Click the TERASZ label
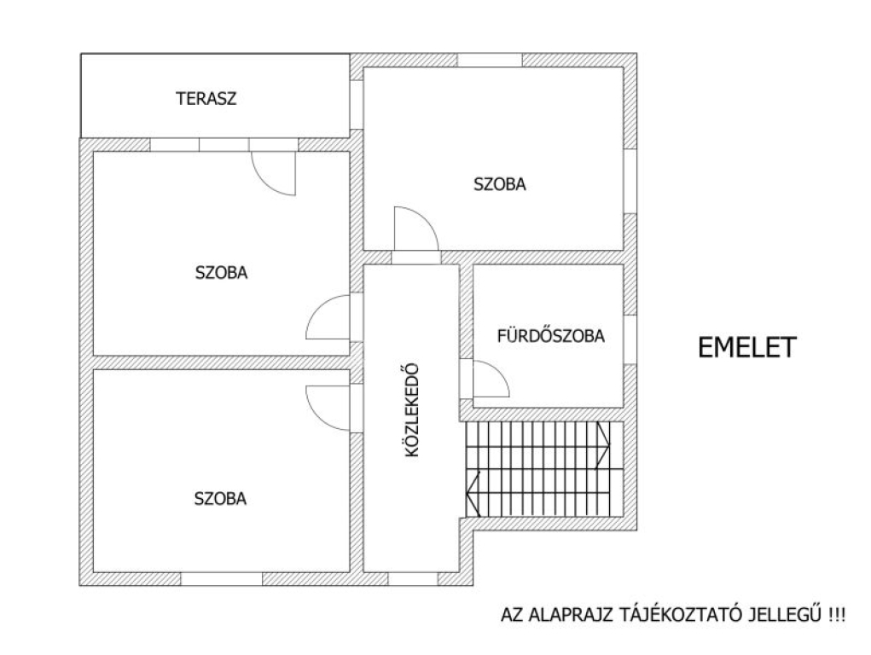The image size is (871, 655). pos(206,98)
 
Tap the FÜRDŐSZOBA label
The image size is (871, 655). pos(550,335)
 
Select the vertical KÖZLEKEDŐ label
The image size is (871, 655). pos(412,410)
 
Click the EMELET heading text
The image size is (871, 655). pos(747,347)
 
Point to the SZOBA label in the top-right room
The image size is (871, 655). pos(499,184)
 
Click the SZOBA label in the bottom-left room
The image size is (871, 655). pos(220,498)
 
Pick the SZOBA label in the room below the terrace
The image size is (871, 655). pos(221,273)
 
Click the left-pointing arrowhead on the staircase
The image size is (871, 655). pos(472,492)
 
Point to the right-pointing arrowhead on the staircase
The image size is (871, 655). pos(603,444)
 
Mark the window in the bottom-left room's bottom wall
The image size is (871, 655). pos(221,579)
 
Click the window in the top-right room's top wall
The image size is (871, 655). pos(490,60)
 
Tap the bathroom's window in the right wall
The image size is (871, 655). pos(630,340)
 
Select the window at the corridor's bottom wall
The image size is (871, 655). pos(413,579)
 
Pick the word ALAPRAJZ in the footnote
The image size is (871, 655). pos(572,615)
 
